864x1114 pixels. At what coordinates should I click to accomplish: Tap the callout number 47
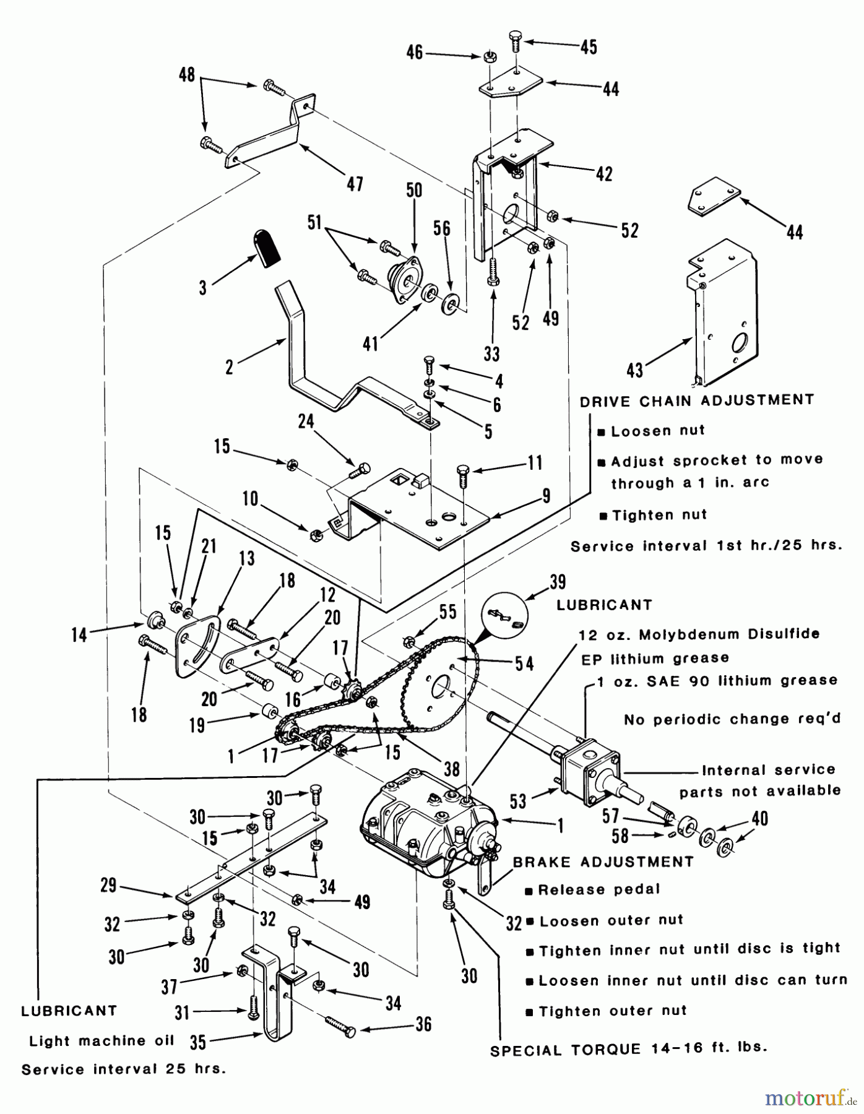(x=355, y=184)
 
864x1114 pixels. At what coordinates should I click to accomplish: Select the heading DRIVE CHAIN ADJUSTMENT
(x=697, y=401)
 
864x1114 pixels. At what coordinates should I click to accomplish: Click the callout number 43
(x=635, y=370)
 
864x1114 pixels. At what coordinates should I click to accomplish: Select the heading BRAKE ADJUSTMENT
(x=603, y=862)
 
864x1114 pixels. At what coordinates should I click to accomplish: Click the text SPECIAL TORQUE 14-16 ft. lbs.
(x=628, y=1049)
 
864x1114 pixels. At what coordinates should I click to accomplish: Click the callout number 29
(x=109, y=886)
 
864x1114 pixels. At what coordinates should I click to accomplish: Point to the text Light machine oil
(x=102, y=1041)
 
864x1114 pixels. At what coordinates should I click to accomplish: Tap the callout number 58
(x=620, y=836)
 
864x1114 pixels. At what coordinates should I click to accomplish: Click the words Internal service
(x=768, y=771)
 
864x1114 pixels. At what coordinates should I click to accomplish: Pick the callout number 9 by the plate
(x=546, y=496)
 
